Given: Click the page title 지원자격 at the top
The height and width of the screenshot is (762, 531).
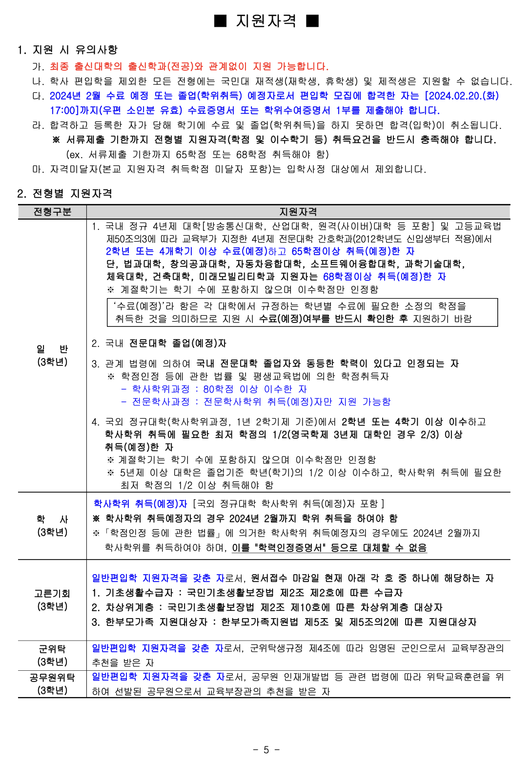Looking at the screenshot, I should point(266,20).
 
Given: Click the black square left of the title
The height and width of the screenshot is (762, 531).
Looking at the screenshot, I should point(221,20).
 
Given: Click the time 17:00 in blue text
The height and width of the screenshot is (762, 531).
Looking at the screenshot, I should point(66,110).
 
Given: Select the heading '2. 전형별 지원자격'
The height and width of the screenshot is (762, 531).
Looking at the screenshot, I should point(64,194).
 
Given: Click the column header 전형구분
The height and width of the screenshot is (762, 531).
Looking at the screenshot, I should point(52,212).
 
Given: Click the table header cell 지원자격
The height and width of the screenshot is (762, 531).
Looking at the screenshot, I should point(298,212).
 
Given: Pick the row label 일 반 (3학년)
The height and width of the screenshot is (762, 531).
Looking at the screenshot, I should point(52,355).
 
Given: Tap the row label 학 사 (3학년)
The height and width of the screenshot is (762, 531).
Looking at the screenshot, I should point(52,525).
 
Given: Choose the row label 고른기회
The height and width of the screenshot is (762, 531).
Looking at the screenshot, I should point(52,594).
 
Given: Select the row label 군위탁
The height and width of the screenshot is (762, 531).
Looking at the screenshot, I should point(52,649).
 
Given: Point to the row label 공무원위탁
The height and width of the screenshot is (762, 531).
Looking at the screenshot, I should point(52,678).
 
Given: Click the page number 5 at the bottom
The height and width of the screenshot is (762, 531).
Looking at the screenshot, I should point(266,750).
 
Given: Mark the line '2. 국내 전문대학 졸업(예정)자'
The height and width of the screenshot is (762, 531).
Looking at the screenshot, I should point(159,343).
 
